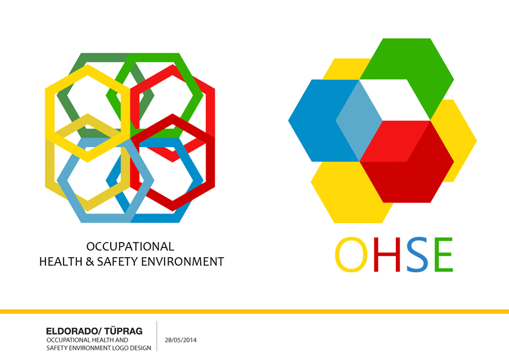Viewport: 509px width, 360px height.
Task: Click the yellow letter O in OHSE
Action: coord(352,255)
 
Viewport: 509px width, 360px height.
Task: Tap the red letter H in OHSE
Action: coord(387,255)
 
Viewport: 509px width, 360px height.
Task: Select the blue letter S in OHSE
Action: coord(417,255)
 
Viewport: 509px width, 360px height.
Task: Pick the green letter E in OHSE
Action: coord(444,255)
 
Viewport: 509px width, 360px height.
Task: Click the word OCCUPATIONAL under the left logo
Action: coord(130,247)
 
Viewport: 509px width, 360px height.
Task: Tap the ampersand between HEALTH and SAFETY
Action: coord(90,261)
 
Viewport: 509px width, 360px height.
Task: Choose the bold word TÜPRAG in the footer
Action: coord(124,331)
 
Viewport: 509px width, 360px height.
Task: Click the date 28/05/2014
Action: coord(181,340)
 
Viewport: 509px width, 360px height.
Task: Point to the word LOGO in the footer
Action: coord(120,348)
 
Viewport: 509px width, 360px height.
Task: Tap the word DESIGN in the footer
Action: coord(141,348)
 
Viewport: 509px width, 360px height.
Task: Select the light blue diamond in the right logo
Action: coord(359,120)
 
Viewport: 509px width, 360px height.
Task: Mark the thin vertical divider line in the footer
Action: coord(157,336)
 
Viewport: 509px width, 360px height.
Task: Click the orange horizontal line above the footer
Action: coord(254,312)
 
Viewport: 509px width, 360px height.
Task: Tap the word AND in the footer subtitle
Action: coord(122,340)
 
